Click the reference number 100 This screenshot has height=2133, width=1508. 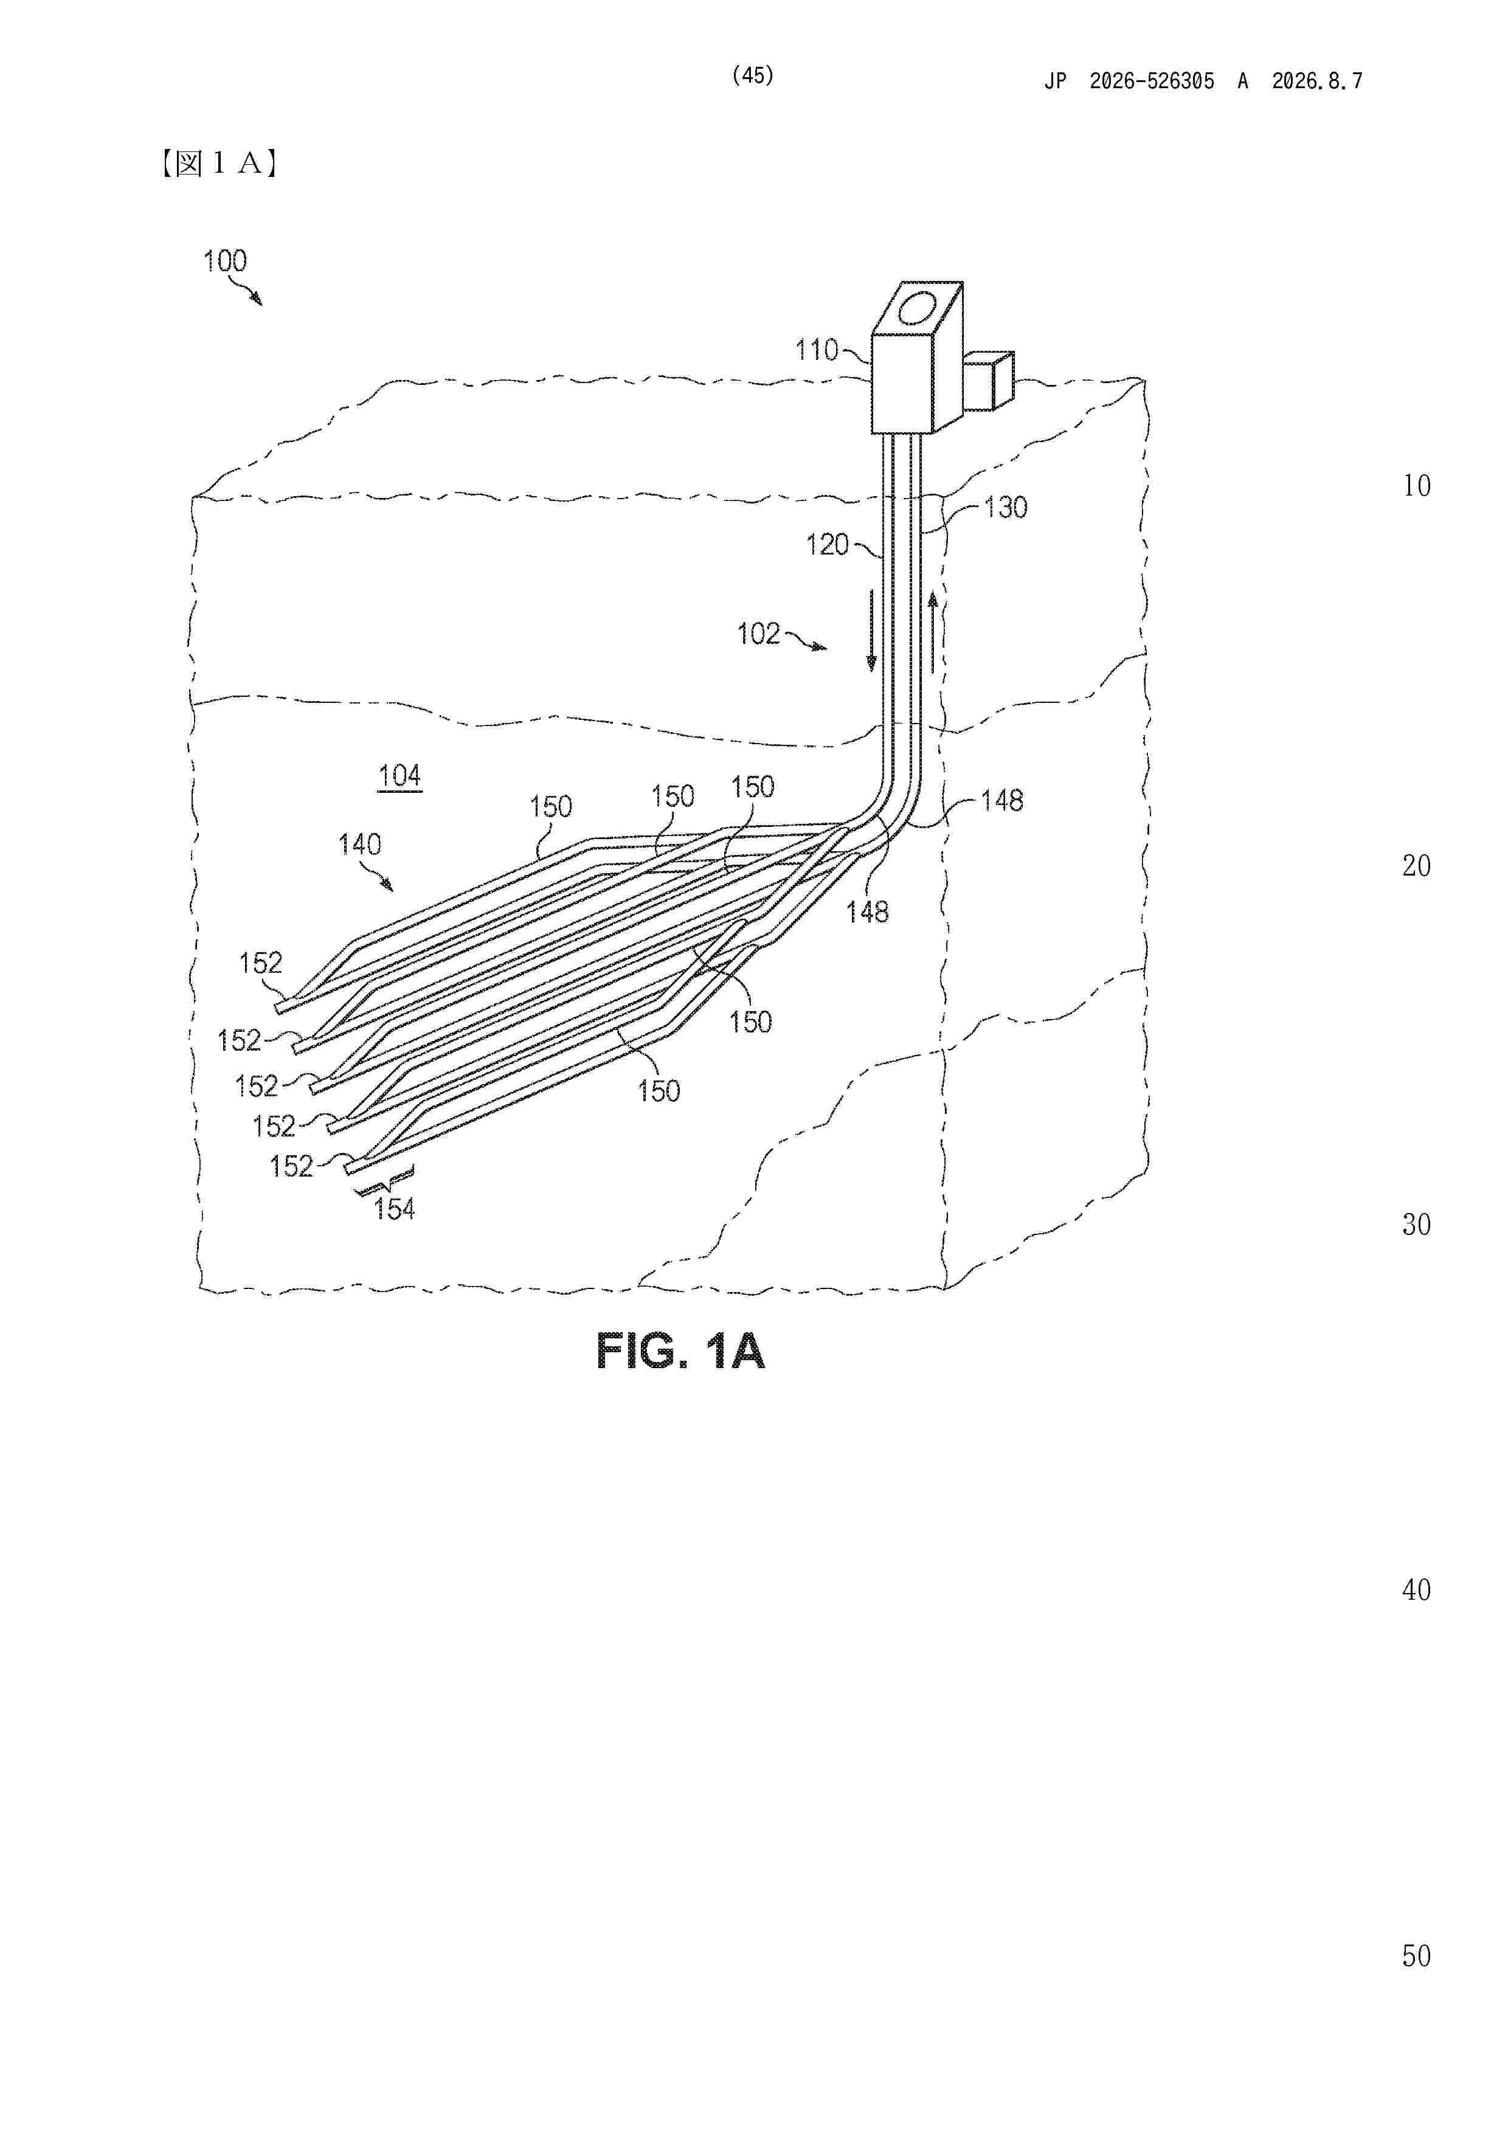click(x=225, y=261)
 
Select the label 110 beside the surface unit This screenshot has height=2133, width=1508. click(x=817, y=350)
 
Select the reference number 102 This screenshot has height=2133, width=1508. click(x=758, y=635)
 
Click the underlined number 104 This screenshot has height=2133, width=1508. click(x=399, y=776)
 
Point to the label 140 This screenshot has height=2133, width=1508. click(x=359, y=845)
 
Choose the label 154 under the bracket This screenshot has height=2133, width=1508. click(x=394, y=1209)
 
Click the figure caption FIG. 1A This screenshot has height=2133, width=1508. click(x=680, y=1351)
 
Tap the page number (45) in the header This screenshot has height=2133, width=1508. click(x=753, y=75)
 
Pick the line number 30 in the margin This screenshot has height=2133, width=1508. click(x=1416, y=1225)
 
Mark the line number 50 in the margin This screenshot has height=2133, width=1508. click(x=1416, y=1955)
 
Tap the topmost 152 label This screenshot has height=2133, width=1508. click(x=260, y=963)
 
